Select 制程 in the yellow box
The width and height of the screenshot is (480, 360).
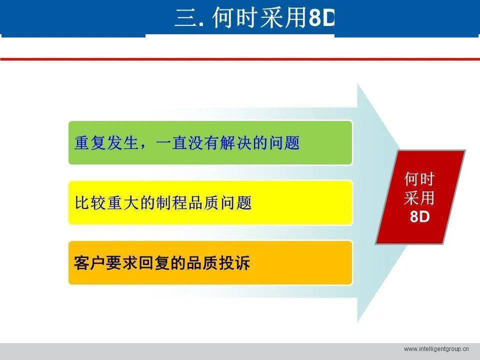coord(170,203)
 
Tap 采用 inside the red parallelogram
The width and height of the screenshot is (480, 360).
coord(419,198)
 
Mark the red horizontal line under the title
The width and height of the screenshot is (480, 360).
coord(240,59)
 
